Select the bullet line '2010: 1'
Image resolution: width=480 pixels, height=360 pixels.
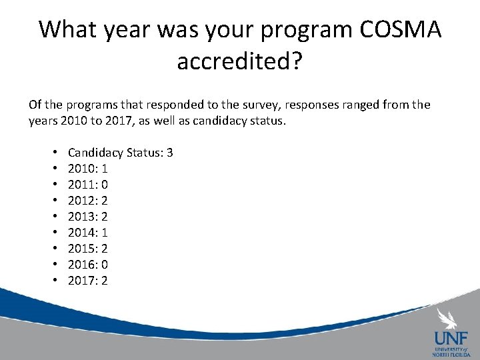pos(88,169)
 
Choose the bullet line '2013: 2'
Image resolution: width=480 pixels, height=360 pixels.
pos(88,217)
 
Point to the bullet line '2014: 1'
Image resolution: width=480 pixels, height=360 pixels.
pos(88,233)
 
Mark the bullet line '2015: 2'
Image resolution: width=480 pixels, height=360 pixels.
pos(88,249)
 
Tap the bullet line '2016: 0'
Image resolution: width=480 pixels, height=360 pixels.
pos(88,265)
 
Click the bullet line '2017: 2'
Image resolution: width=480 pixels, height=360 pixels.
pos(88,281)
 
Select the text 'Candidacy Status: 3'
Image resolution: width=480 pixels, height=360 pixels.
pos(121,153)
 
